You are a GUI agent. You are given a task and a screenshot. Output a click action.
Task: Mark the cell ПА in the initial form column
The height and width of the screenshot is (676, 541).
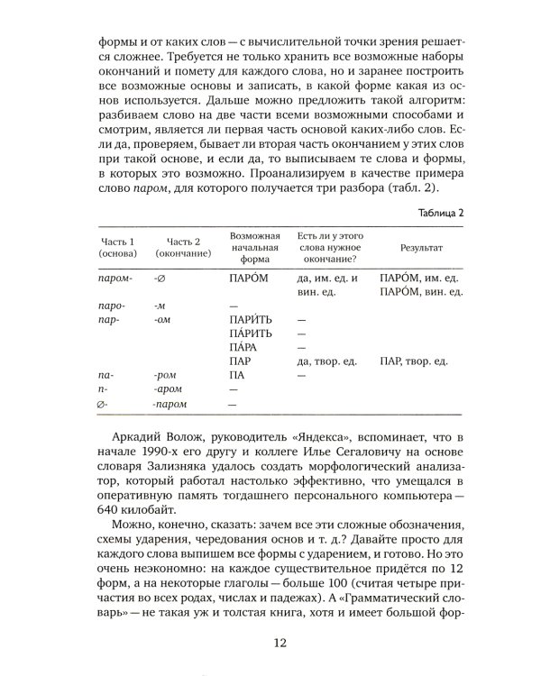238,374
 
